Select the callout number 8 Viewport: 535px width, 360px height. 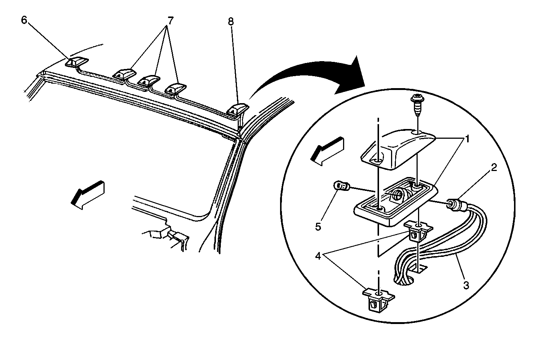(x=231, y=22)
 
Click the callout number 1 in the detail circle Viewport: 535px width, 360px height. (x=467, y=139)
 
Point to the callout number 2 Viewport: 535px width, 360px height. (x=494, y=168)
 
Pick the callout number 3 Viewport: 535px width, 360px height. (x=466, y=285)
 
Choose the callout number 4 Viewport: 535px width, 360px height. (x=318, y=256)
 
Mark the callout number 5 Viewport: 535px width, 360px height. (x=318, y=227)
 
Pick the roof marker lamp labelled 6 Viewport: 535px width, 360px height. (x=76, y=62)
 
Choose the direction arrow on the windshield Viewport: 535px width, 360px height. (x=87, y=193)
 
